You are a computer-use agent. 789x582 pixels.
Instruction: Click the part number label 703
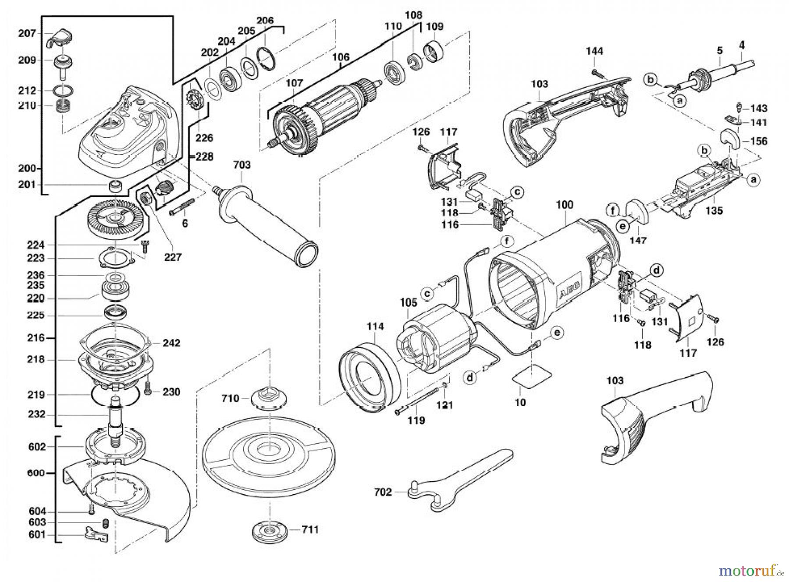click(242, 165)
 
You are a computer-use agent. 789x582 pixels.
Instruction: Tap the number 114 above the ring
click(375, 326)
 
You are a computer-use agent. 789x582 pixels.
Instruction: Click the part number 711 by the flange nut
click(310, 529)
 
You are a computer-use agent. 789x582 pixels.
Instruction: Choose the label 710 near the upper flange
click(231, 398)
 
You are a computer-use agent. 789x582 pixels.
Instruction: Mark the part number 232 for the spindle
click(36, 414)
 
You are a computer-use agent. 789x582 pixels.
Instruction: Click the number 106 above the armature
click(341, 57)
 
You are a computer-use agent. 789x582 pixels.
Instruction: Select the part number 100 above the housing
click(565, 205)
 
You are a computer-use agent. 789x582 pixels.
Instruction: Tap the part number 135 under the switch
click(714, 211)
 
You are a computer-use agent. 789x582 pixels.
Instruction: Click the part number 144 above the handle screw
click(594, 51)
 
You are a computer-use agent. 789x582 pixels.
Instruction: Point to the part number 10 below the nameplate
click(520, 402)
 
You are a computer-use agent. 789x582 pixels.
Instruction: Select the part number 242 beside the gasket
click(171, 343)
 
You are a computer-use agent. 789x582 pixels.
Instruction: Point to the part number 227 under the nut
click(173, 257)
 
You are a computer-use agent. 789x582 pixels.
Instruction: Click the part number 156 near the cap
click(759, 141)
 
